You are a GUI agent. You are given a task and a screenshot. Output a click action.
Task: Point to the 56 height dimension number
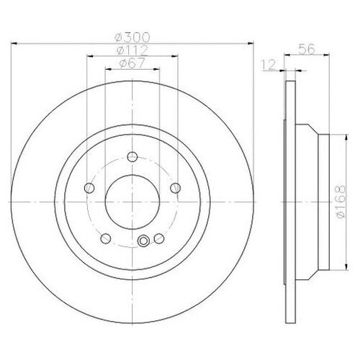tap(307, 51)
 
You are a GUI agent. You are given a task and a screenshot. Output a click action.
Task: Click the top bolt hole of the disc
tap(131, 155)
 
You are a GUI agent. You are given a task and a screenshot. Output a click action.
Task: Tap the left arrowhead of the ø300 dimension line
tap(16, 45)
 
